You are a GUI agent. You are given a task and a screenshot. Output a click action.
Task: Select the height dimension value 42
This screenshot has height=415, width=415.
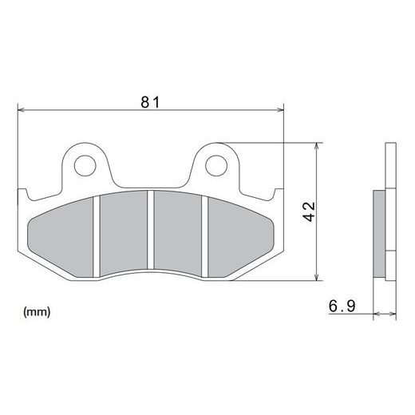310,211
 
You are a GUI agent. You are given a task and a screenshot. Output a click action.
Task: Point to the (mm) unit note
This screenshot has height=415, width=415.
37,311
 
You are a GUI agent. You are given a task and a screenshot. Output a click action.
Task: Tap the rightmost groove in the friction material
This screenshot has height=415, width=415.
207,236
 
